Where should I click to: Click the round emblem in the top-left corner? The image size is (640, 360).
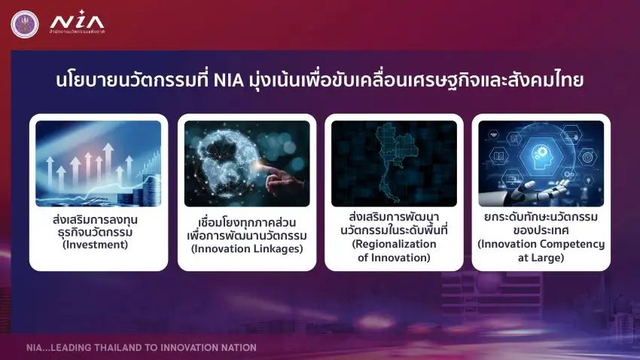pyautogui.click(x=23, y=23)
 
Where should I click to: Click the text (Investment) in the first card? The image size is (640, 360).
pyautogui.click(x=98, y=244)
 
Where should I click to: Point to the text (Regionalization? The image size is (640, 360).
pyautogui.click(x=394, y=244)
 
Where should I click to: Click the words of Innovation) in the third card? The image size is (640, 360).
pyautogui.click(x=394, y=258)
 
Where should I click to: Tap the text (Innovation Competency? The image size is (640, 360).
pyautogui.click(x=541, y=244)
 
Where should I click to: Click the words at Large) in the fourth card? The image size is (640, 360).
pyautogui.click(x=541, y=258)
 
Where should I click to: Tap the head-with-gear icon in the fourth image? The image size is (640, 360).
pyautogui.click(x=540, y=151)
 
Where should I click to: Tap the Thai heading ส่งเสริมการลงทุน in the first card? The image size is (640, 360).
pyautogui.click(x=98, y=218)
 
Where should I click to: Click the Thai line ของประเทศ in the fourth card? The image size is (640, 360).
pyautogui.click(x=541, y=230)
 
